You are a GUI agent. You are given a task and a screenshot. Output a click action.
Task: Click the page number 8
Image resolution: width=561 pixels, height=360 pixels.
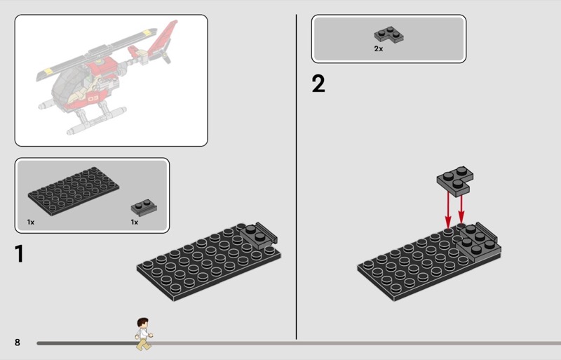point(17,342)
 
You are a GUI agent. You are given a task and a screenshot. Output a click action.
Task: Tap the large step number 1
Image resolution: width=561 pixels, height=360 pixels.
point(20,253)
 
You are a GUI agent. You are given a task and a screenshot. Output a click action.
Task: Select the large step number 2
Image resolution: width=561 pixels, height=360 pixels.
point(318,84)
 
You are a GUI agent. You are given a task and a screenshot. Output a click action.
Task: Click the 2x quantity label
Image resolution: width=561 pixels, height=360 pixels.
point(379,48)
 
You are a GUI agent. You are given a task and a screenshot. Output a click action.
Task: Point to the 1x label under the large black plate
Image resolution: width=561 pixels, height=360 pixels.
point(31,222)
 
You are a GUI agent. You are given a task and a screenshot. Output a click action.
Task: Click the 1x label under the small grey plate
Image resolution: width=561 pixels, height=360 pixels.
point(135,222)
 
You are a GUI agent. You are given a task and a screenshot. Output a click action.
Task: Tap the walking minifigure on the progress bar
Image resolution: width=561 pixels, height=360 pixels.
point(144,334)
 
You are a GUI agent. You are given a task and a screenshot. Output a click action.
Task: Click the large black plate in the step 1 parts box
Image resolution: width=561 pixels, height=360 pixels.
point(74,191)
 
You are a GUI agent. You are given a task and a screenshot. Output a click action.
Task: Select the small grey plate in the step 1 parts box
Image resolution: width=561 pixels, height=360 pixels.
point(144,208)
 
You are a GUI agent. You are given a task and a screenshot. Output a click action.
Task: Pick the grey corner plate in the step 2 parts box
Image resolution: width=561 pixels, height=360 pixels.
point(389,35)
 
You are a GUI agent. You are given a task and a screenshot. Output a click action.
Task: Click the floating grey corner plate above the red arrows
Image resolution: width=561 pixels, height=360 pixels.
point(455,181)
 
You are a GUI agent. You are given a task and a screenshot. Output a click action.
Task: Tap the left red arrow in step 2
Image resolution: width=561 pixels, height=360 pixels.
point(448,210)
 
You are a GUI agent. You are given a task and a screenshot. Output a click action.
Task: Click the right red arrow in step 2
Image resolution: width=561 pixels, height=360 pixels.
point(461,208)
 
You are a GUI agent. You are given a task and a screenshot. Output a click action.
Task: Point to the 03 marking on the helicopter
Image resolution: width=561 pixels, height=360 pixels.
point(93,98)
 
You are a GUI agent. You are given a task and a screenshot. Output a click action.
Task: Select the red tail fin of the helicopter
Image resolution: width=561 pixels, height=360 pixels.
point(162,39)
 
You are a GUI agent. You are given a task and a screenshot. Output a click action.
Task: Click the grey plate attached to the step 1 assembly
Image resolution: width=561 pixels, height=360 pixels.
point(258,235)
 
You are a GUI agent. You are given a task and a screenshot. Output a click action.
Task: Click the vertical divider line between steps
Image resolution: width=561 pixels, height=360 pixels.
point(296,177)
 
